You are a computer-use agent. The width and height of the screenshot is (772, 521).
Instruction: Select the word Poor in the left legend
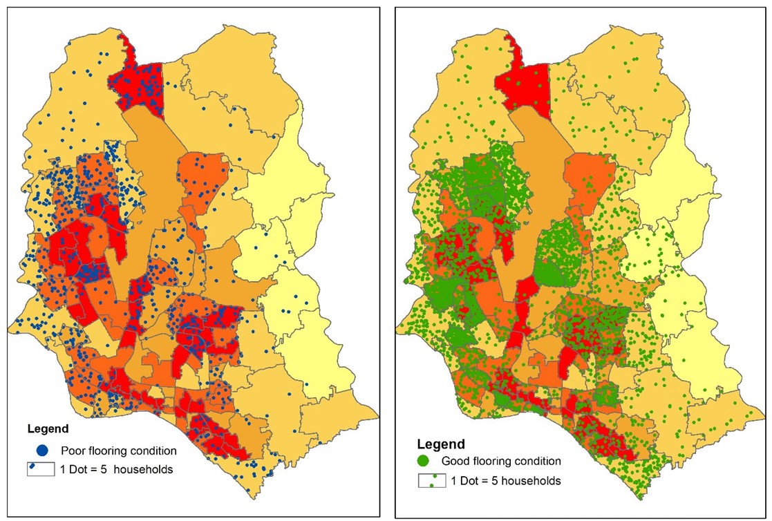click(x=73, y=451)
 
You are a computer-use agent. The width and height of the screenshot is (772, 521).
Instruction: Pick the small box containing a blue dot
click(x=40, y=470)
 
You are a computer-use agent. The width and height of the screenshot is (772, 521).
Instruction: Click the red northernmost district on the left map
click(x=142, y=86)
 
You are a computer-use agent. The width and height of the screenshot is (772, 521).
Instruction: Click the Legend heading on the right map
click(x=441, y=444)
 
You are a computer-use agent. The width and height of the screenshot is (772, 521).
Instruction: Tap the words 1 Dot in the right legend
click(x=464, y=480)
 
